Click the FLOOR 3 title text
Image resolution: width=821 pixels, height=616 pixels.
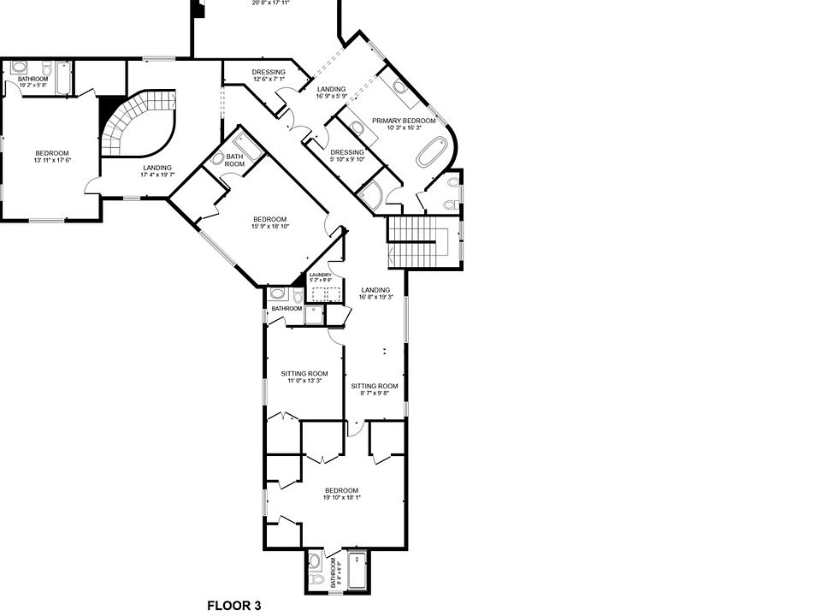[x=233, y=606]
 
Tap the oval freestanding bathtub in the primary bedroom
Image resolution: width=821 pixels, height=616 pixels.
[x=431, y=151]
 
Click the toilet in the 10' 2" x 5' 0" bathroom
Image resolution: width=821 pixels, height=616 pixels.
[x=19, y=68]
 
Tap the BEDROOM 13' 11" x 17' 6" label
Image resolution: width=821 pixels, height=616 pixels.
[x=51, y=157]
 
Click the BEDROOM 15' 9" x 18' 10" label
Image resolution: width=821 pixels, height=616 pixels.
[x=269, y=222]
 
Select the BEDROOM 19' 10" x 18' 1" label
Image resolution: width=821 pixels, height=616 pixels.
[x=341, y=494]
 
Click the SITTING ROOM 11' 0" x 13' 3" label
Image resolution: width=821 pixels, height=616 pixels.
[x=304, y=376]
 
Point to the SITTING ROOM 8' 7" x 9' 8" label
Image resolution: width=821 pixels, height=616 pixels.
[x=375, y=389]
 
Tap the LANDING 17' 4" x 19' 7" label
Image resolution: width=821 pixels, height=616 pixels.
[x=157, y=171]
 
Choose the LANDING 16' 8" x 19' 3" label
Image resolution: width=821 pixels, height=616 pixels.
[x=375, y=293]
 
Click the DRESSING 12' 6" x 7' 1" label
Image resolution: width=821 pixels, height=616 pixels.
[x=269, y=75]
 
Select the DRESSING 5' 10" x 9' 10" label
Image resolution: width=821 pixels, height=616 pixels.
[x=347, y=156]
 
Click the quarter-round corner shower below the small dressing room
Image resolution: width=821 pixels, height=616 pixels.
[x=371, y=196]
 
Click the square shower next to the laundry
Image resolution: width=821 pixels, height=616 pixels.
[x=315, y=315]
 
